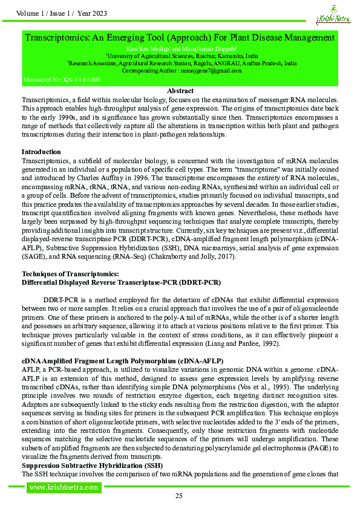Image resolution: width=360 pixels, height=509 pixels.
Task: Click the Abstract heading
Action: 180,90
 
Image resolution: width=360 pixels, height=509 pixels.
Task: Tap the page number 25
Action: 179,496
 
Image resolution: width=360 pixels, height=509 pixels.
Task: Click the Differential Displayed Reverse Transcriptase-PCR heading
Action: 121,282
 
